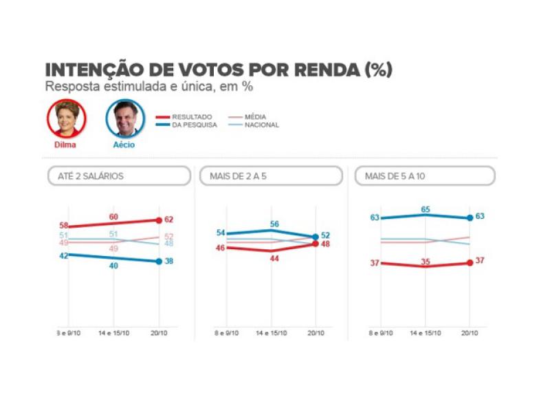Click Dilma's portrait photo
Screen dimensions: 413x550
(x=65, y=118)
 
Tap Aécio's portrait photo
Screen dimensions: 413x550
(x=124, y=119)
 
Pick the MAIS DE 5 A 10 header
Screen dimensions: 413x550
(x=424, y=176)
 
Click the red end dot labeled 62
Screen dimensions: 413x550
(x=159, y=220)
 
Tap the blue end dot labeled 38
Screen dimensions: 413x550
(x=159, y=262)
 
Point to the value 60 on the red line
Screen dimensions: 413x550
(x=113, y=217)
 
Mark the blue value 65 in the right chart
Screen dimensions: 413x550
(x=425, y=209)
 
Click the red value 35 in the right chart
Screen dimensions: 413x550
(x=425, y=262)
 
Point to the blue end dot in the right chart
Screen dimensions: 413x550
(x=470, y=218)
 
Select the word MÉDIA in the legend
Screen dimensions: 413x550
(x=255, y=117)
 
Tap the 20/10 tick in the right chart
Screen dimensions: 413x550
(x=470, y=332)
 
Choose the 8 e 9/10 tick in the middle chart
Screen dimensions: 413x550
(x=227, y=332)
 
